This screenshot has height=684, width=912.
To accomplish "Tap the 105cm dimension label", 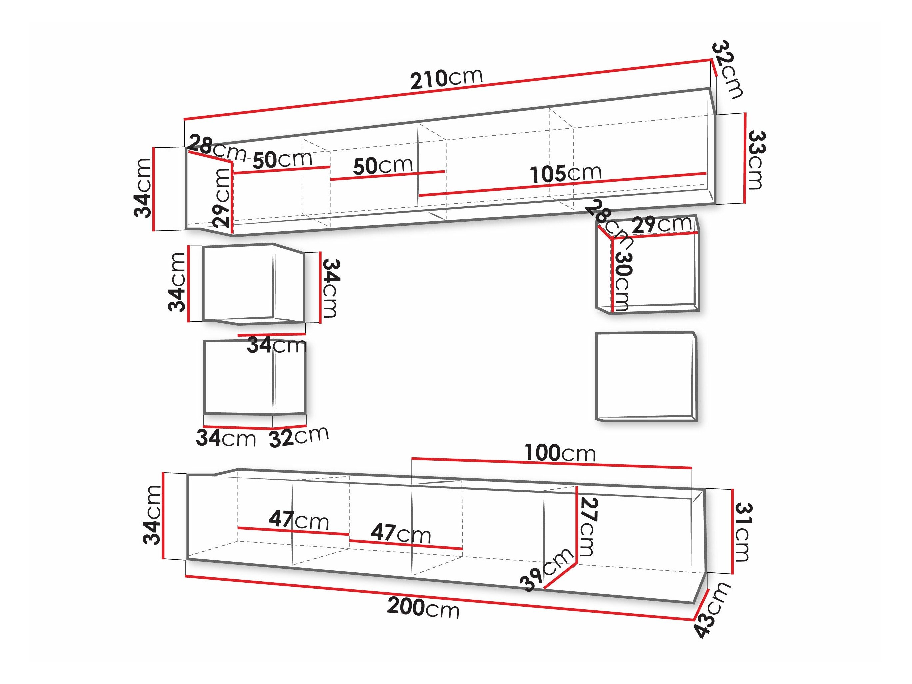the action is (566, 174).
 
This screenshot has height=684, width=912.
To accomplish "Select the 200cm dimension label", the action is (423, 608).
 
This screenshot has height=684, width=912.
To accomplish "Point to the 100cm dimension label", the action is (560, 453).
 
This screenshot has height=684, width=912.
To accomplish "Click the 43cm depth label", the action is (712, 610).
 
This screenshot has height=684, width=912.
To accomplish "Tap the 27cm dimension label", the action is (588, 526).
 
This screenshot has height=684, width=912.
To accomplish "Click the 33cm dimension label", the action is (756, 160).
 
